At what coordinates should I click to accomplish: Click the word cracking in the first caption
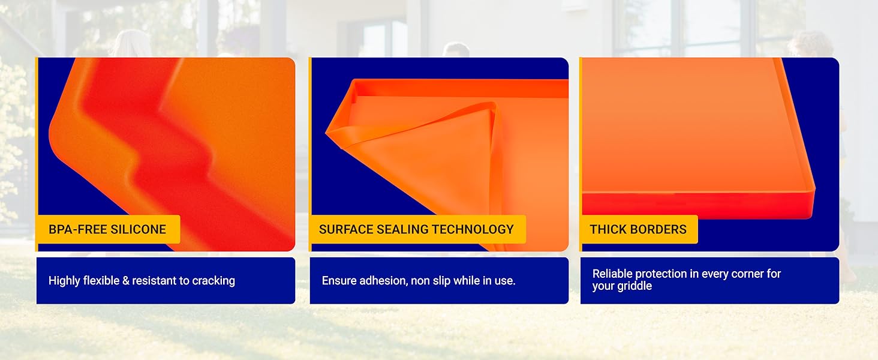pyautogui.click(x=214, y=281)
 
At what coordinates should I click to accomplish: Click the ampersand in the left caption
pyautogui.click(x=126, y=281)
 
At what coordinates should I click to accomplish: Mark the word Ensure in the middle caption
pyautogui.click(x=338, y=281)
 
